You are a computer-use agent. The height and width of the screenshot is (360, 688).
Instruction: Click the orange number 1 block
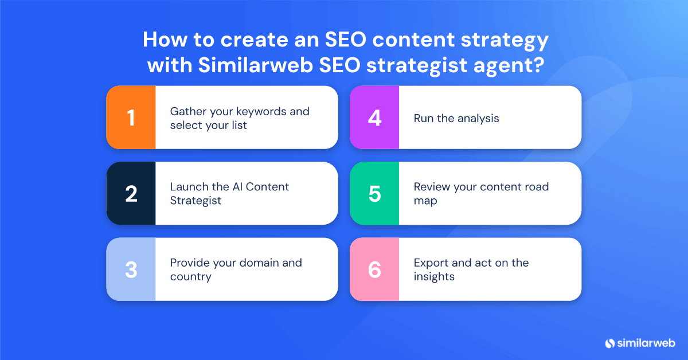click(x=131, y=118)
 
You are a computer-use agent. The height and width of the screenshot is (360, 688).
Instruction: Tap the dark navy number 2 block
click(x=131, y=194)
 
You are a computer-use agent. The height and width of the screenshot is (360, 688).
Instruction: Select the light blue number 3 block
click(x=131, y=269)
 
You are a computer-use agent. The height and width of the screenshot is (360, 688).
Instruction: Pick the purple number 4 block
click(x=374, y=118)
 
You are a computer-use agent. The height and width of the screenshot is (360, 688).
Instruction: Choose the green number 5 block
click(x=374, y=194)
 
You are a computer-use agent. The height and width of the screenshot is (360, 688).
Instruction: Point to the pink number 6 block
click(x=374, y=269)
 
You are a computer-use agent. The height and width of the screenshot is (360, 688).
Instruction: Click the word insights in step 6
click(x=434, y=277)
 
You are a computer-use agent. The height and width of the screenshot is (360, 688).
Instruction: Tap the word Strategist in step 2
click(x=196, y=201)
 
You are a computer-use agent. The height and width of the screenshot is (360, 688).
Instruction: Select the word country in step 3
click(x=190, y=277)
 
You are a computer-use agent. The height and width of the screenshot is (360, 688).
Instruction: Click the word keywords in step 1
click(x=263, y=111)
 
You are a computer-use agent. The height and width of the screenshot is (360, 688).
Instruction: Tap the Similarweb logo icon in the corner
click(x=609, y=343)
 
